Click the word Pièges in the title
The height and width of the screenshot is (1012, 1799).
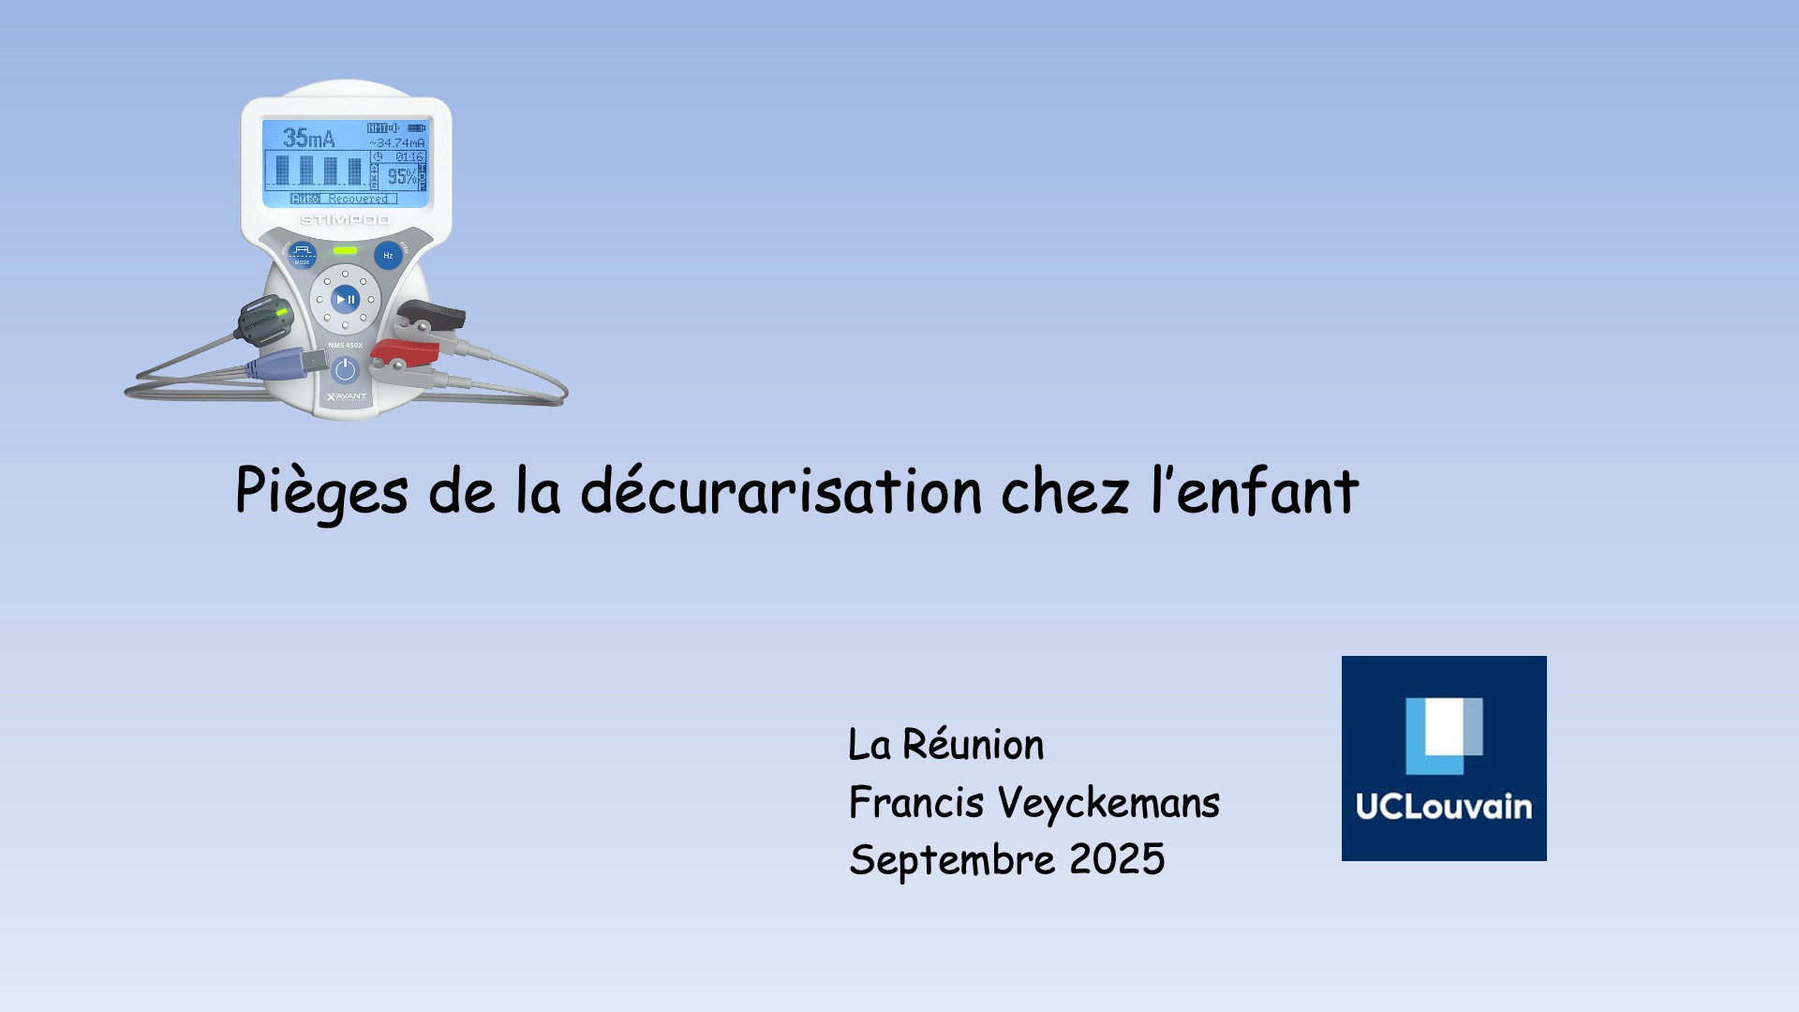pos(321,491)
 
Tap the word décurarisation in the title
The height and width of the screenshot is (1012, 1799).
pos(781,491)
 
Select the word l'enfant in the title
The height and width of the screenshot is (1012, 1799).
pos(1255,491)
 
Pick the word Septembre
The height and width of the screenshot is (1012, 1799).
pos(952,860)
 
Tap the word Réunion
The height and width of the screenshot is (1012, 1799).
pos(973,746)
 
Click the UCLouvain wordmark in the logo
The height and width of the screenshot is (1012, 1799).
pos(1444,808)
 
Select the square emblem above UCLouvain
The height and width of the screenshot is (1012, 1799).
pos(1444,736)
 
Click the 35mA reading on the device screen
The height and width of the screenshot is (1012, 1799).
pos(308,139)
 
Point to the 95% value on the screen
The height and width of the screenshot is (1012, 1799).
pos(401,176)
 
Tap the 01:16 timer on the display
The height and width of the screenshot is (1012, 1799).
pos(409,157)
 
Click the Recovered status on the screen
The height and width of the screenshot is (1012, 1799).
pos(358,199)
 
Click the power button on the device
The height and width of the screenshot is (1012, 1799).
pos(345,370)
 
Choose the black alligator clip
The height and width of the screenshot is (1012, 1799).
pos(430,316)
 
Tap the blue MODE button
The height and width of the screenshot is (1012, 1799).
pos(302,253)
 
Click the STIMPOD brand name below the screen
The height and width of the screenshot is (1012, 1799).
pos(345,220)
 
